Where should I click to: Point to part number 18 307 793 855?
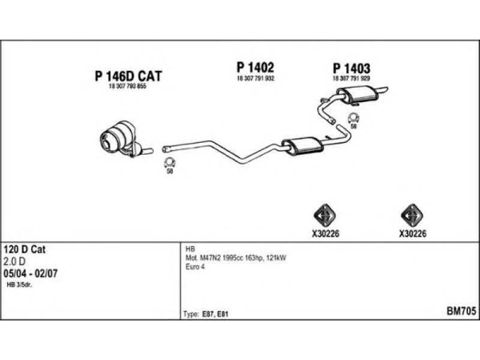pos(127,87)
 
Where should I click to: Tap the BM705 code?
pos(461,311)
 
